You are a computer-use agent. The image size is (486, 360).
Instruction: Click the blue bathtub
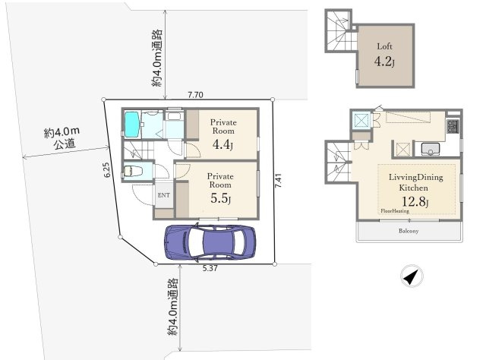pos(131,124)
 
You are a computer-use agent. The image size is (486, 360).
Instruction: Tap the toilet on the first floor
pos(133,171)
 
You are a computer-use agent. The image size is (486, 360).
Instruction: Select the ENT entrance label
pos(164,195)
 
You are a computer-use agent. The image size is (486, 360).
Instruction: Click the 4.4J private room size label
pos(222,144)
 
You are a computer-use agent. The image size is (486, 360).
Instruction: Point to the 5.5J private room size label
pos(220,198)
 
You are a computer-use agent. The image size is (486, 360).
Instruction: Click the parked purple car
pos(210,242)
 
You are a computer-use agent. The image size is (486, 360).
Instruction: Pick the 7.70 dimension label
pos(196,95)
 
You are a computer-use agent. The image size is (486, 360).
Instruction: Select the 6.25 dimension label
pos(106,170)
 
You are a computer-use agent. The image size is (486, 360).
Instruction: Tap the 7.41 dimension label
pos(278,180)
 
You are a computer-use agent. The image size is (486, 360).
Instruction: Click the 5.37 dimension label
pos(210,268)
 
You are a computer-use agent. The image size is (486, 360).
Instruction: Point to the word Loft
pos(385,46)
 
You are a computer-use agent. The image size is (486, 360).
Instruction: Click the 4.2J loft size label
pos(384,62)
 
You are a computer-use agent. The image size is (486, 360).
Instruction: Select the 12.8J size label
pos(415,202)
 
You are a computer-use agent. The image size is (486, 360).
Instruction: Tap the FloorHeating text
pos(395,211)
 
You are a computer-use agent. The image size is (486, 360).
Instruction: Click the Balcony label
pos(409,231)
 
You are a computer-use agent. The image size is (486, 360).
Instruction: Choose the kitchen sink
pos(431,149)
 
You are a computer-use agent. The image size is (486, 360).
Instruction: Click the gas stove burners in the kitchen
pos(453,126)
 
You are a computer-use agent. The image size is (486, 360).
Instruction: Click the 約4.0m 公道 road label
pos(62,138)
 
